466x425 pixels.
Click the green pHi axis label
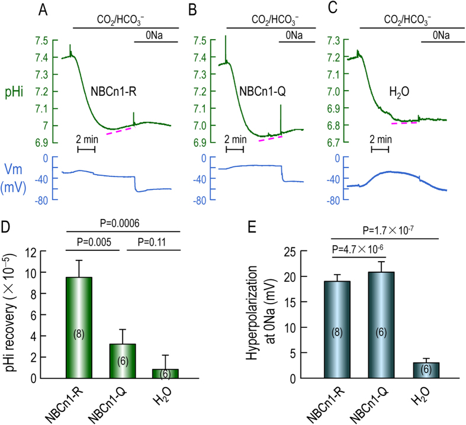pyautogui.click(x=16, y=91)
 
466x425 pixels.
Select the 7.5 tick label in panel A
pyautogui.click(x=41, y=41)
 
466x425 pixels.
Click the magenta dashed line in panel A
pyautogui.click(x=121, y=130)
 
